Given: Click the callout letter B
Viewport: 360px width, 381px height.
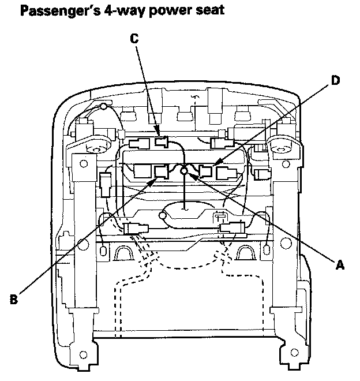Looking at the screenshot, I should pyautogui.click(x=15, y=298).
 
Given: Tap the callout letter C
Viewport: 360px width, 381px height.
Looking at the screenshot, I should pyautogui.click(x=134, y=39).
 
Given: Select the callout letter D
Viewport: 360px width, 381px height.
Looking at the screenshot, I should pyautogui.click(x=336, y=81).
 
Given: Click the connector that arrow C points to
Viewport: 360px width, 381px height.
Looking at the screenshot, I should pyautogui.click(x=162, y=141).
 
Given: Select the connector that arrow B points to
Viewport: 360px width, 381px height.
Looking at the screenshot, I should pyautogui.click(x=161, y=171).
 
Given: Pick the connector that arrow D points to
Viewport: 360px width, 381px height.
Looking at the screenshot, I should pyautogui.click(x=206, y=171).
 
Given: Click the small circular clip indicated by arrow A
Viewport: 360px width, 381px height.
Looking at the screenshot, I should pyautogui.click(x=185, y=171).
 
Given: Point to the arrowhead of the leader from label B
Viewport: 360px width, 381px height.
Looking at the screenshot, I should pyautogui.click(x=155, y=179).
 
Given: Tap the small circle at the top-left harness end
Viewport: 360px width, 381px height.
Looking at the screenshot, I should pyautogui.click(x=103, y=106).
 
